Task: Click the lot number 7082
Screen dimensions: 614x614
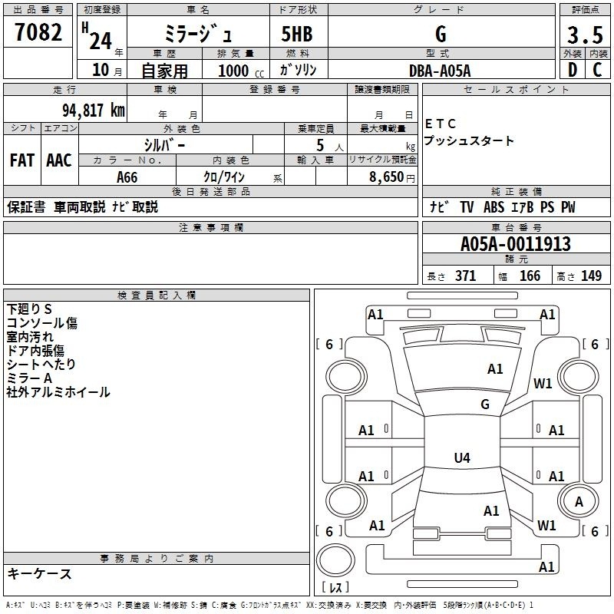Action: coord(38,32)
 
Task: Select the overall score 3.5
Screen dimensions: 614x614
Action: coord(585,35)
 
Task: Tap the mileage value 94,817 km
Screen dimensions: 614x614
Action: coord(94,111)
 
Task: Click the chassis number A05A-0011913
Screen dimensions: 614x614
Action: coord(515,244)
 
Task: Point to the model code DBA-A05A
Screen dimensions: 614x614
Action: coord(440,71)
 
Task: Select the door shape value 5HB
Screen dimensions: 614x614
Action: coord(297,34)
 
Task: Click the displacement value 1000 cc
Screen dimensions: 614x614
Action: coord(241,71)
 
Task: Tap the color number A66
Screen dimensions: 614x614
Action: coord(127,177)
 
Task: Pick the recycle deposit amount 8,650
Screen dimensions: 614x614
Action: coord(387,177)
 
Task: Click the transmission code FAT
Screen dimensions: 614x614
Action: coord(22,160)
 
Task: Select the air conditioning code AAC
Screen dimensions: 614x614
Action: coord(59,160)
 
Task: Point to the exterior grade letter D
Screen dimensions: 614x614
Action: coord(573,70)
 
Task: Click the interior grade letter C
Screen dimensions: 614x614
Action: coord(597,70)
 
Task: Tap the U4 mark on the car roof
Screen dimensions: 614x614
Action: coord(462,457)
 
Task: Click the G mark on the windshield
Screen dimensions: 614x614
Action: coord(485,404)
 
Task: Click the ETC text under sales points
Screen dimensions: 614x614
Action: coord(441,124)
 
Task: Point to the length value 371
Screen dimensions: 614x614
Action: coord(466,276)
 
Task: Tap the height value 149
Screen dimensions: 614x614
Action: coord(591,276)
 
